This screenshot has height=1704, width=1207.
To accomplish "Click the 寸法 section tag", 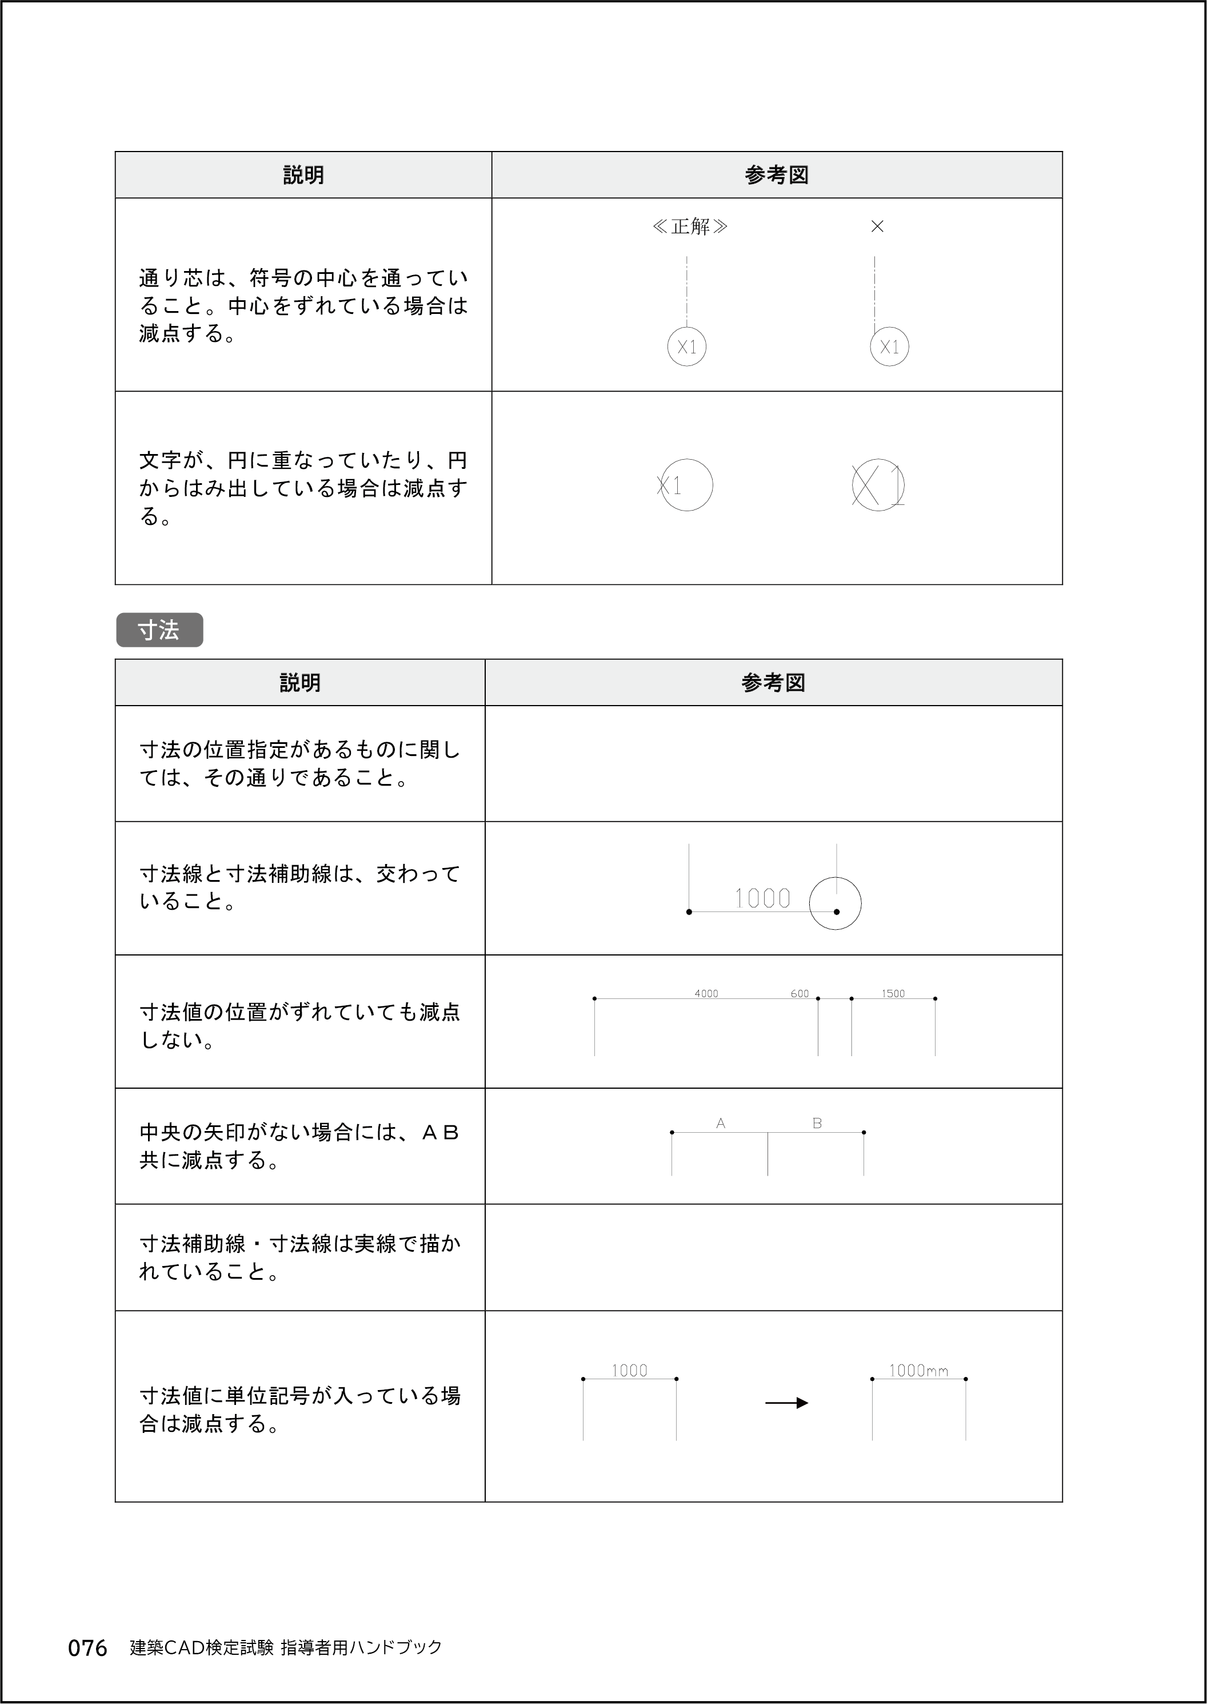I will (159, 630).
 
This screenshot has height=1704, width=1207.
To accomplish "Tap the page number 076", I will (87, 1648).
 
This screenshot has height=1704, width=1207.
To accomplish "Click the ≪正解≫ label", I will (690, 226).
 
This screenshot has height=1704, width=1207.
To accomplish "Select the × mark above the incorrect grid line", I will (877, 226).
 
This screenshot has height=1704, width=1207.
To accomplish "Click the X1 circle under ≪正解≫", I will (687, 347).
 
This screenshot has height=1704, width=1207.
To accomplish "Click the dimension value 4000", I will (706, 993).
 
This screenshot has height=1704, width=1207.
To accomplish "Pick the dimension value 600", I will (800, 993).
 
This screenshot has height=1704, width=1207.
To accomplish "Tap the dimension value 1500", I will (893, 993).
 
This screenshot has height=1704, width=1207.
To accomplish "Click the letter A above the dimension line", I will (720, 1124).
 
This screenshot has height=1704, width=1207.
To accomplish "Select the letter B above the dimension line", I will (817, 1124).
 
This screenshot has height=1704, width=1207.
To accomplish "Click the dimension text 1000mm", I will (918, 1370).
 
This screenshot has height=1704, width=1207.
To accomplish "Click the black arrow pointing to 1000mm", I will (786, 1403).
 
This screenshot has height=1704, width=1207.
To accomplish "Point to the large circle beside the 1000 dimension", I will (836, 903).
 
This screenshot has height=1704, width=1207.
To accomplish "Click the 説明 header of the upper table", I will (303, 175).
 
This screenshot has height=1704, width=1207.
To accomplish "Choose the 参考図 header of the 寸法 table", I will (773, 683).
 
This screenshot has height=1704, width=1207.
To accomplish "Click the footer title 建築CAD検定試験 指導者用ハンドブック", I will (286, 1647).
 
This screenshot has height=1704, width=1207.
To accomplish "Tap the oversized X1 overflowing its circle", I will (878, 485).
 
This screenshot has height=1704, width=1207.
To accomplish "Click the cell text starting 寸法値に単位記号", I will (300, 1409).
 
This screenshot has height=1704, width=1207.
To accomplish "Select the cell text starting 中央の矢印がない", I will (299, 1146).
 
